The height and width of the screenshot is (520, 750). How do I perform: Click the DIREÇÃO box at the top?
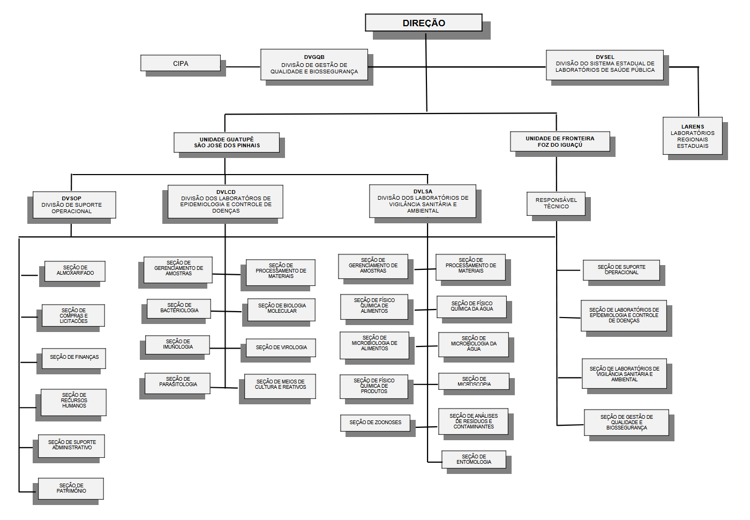click(423, 23)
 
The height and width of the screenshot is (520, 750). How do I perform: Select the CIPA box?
click(181, 63)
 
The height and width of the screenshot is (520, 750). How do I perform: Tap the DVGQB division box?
click(314, 64)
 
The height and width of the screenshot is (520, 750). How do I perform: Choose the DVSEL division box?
click(605, 64)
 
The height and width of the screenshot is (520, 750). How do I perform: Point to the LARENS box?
click(692, 136)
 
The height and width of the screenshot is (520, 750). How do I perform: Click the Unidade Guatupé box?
click(227, 142)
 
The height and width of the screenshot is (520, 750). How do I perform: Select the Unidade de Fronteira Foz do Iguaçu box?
click(560, 141)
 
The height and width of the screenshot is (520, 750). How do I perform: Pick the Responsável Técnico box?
click(556, 203)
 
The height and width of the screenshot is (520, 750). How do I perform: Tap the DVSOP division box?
click(72, 205)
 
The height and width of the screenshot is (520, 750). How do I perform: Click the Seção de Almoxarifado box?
click(75, 270)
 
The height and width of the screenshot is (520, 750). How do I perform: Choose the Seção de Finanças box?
click(74, 357)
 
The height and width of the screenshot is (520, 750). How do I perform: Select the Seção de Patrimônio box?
click(71, 488)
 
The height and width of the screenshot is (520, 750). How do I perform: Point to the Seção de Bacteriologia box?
click(179, 308)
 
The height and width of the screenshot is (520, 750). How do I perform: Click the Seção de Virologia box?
click(281, 348)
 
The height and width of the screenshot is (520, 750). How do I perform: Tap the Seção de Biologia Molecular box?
click(282, 308)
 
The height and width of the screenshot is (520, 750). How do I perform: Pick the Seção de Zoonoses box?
click(375, 423)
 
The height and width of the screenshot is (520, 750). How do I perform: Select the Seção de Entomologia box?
click(474, 459)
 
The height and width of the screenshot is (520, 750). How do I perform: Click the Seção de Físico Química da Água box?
click(471, 306)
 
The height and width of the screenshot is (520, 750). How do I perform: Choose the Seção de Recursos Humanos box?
click(74, 401)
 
